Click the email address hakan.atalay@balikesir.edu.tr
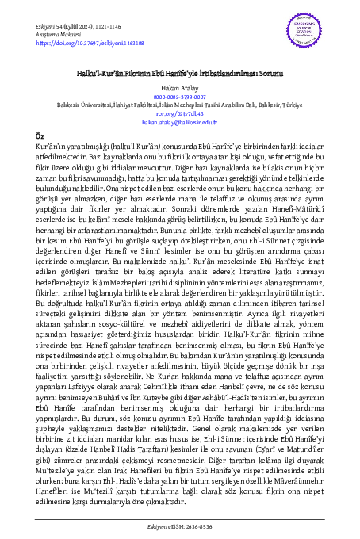(179, 124)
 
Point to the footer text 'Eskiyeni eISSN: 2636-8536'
(179, 524)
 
